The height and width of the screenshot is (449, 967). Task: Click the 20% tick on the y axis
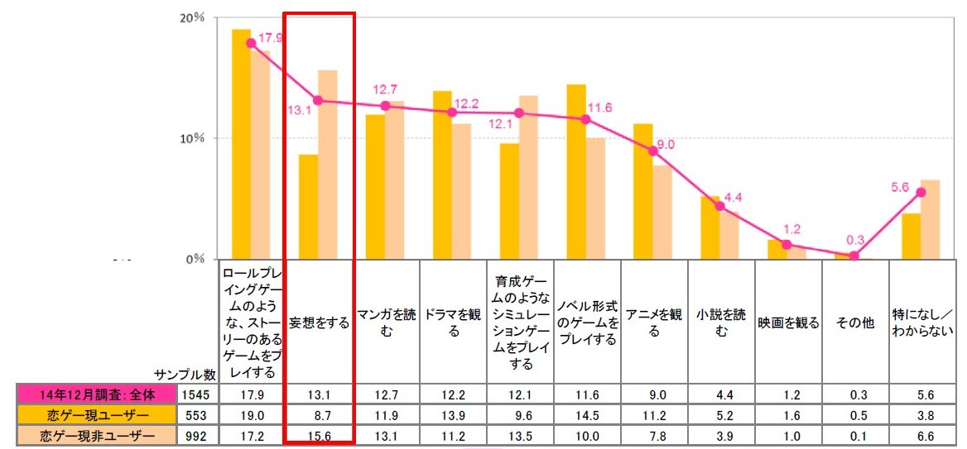[x=194, y=17]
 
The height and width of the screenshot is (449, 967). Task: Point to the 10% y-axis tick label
[x=194, y=138]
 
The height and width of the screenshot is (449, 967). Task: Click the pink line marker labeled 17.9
[x=251, y=43]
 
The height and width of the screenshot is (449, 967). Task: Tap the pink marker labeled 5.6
[x=921, y=192]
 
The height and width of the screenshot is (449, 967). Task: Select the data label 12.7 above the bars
[x=386, y=89]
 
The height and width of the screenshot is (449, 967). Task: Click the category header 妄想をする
[x=319, y=323]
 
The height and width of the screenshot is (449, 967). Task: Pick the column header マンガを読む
[x=386, y=323]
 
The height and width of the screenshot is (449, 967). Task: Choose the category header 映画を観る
[x=787, y=323]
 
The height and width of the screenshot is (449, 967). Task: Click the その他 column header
[x=854, y=323]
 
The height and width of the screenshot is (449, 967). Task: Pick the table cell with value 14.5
[x=587, y=414]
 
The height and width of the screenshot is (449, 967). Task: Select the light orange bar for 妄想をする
[x=328, y=165]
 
